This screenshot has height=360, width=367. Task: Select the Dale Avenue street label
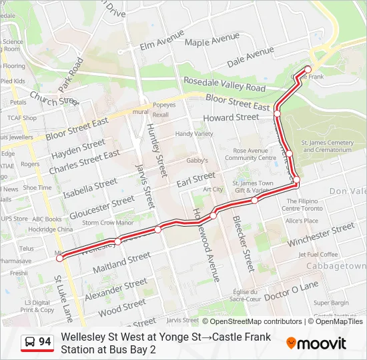coord(250,61)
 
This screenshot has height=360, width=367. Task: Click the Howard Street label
coord(231,117)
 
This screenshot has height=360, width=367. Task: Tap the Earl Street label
coord(196,179)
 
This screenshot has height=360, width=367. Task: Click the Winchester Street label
coord(321,235)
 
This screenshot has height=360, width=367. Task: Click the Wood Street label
coord(121,308)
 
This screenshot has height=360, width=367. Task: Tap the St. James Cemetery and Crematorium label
coord(327,146)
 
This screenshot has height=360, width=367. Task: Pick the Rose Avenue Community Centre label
coord(250,155)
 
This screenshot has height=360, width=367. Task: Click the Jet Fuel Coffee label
coord(318,254)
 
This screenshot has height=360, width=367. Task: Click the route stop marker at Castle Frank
coord(308,69)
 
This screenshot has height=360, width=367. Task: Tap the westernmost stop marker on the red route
coord(59,258)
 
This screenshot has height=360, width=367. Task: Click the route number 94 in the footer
coord(45,342)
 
